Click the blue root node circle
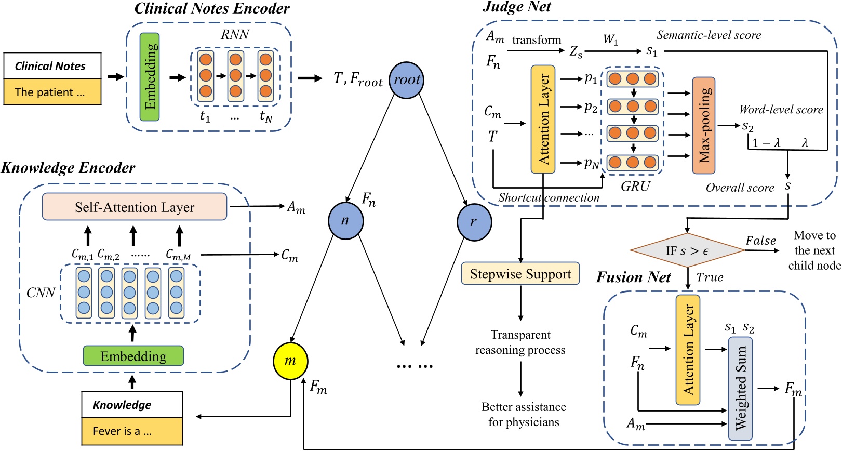pos(407,80)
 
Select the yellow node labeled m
pos(290,361)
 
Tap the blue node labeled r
pos(474,222)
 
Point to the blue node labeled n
pos(345,221)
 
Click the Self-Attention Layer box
pos(135,207)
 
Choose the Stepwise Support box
pos(520,274)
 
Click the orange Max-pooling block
pos(704,125)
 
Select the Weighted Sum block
pos(741,388)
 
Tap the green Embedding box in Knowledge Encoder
pos(133,356)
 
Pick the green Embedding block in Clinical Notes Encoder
pos(150,76)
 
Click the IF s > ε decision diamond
pos(687,250)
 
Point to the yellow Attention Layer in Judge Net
pos(543,119)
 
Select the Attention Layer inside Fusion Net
pos(688,350)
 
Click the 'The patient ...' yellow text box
pos(52,92)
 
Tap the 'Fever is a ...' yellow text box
pos(132,431)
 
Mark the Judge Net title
pos(516,7)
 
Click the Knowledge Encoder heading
pos(68,168)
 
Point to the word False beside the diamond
pos(760,241)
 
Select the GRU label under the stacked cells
pos(635,186)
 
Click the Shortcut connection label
pos(549,197)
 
